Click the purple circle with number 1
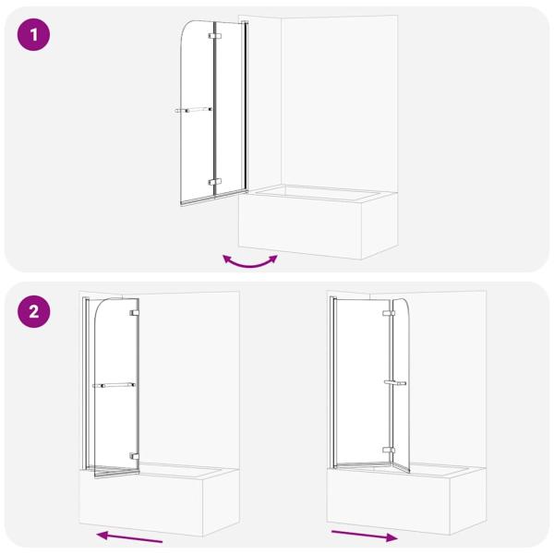[34, 36]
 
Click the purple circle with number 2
[34, 311]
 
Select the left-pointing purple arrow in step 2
[130, 536]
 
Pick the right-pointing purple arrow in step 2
[365, 535]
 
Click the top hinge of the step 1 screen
[214, 36]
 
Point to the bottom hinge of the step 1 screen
[214, 182]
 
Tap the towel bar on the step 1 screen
[194, 110]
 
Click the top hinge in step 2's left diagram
[135, 313]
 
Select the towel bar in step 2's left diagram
[114, 385]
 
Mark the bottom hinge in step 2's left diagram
[135, 456]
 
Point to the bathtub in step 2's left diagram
[157, 503]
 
